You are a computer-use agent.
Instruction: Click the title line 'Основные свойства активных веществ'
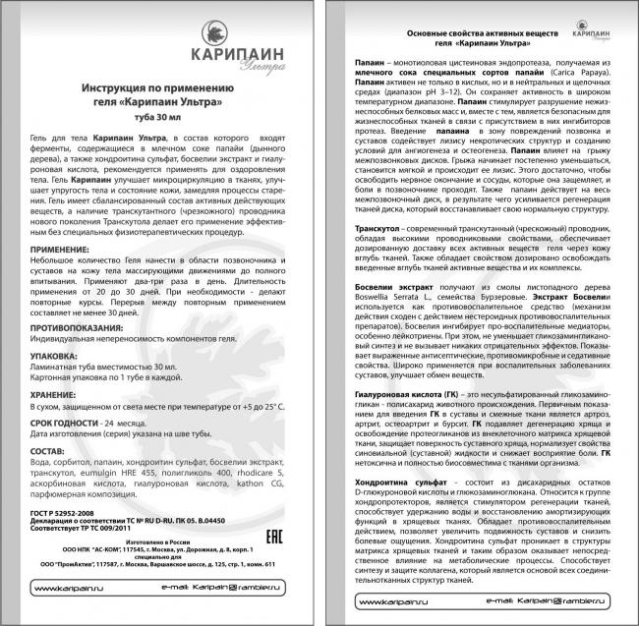(x=478, y=34)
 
